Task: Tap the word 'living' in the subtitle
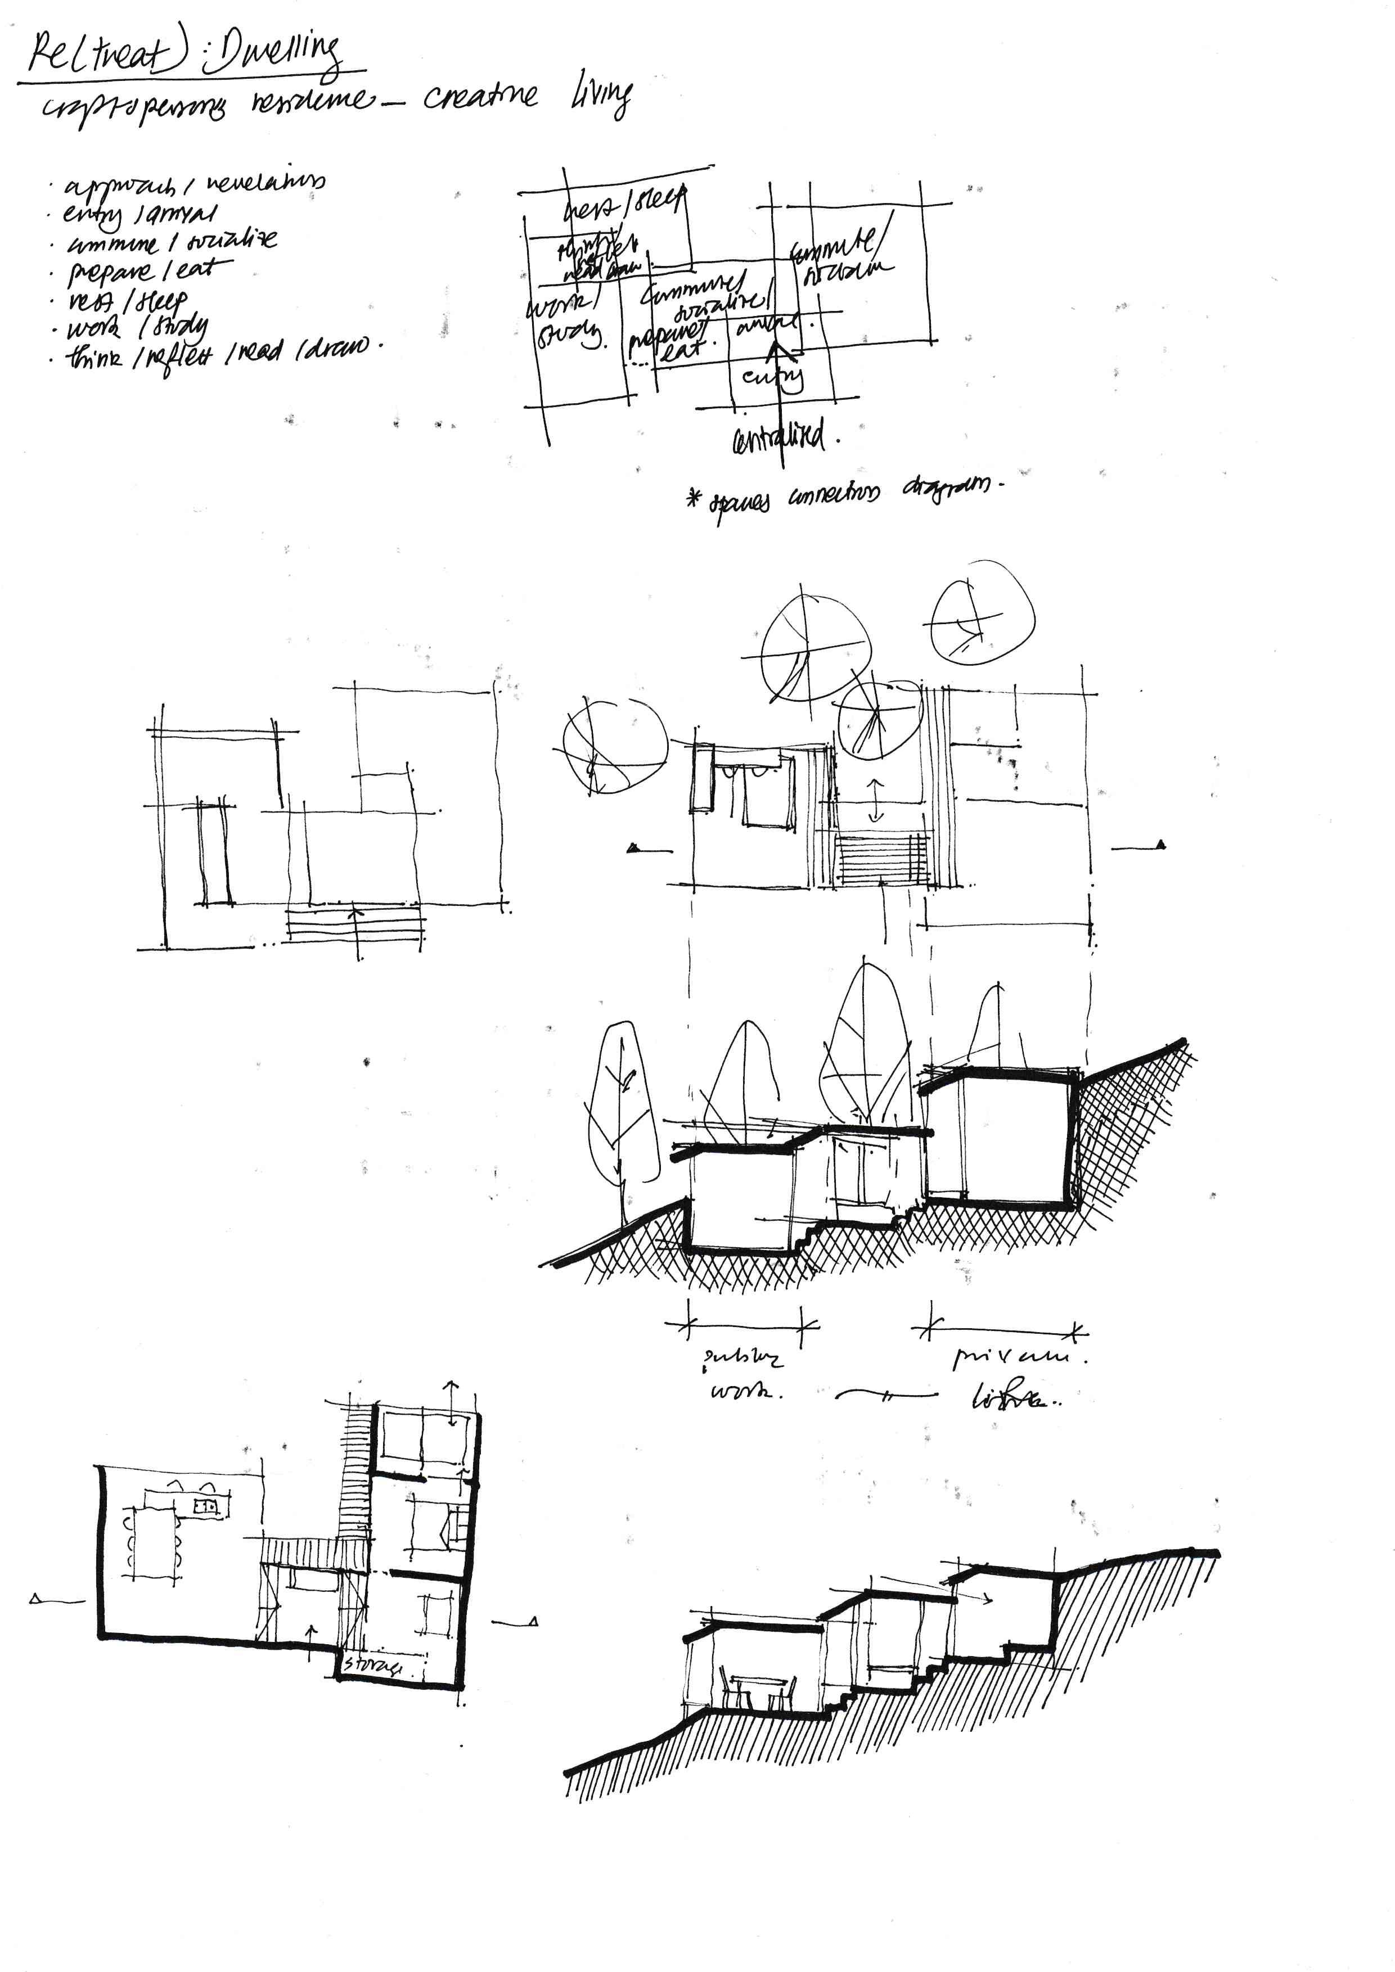tap(601, 96)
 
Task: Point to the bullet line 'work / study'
tap(137, 328)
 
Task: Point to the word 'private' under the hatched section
tap(1018, 1358)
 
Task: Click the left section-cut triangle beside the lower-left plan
tap(36, 1599)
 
